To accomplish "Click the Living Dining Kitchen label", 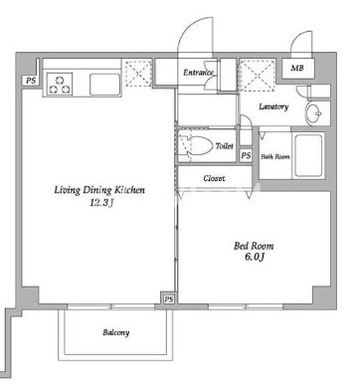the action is [x=99, y=190].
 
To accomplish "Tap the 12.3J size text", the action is [x=101, y=203].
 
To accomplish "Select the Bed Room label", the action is [x=254, y=246].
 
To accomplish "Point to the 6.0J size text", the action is [x=255, y=257].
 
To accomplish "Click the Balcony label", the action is [x=115, y=332].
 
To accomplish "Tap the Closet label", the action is [x=214, y=178].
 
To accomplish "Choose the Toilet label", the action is [x=225, y=145].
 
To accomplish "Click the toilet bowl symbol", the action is [x=197, y=145].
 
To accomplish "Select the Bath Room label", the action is [x=275, y=156].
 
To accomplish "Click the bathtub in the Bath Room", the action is [x=308, y=155].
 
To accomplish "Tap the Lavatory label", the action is [x=273, y=106].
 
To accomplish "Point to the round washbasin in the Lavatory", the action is [x=313, y=113].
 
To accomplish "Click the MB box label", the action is [x=297, y=69].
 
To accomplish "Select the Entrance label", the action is [x=198, y=72].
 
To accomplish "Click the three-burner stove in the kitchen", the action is [x=60, y=85].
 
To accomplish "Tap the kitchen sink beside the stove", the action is [x=104, y=85].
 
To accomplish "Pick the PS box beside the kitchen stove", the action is [x=31, y=81].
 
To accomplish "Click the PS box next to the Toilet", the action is [x=246, y=155].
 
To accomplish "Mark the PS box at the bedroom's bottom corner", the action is [x=169, y=299].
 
